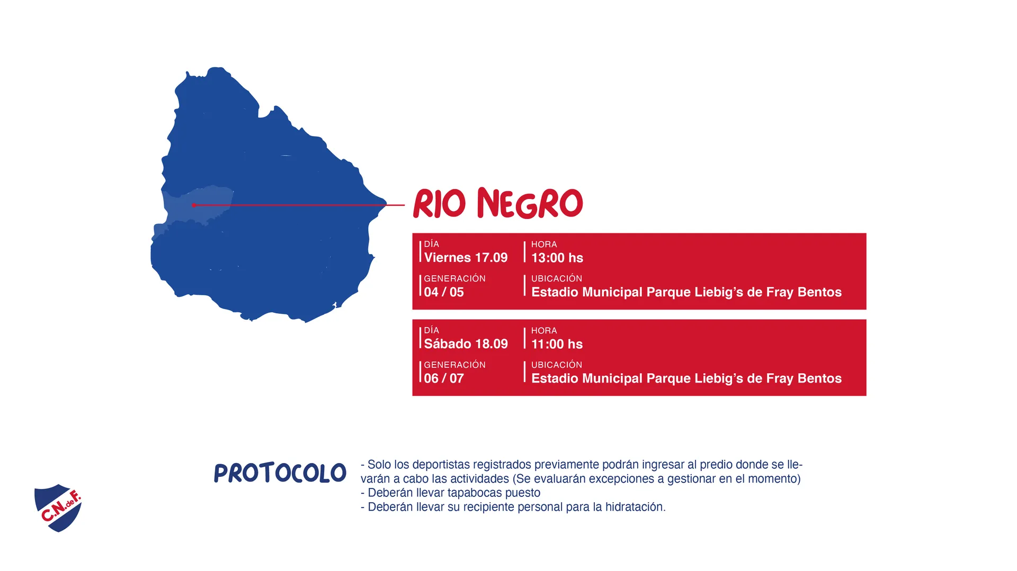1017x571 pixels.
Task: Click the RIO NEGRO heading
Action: (498, 203)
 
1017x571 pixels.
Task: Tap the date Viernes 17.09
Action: (466, 258)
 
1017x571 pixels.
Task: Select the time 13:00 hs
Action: (557, 258)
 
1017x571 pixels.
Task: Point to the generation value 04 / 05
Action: (444, 292)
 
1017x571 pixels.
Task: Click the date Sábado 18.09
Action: (466, 344)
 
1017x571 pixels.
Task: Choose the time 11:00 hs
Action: (557, 344)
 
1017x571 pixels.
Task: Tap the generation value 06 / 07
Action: (444, 378)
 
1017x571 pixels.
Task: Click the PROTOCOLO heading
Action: (280, 473)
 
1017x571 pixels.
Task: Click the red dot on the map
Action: (194, 205)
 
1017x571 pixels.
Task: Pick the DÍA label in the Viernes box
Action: (431, 244)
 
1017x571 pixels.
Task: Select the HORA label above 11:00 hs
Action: (544, 331)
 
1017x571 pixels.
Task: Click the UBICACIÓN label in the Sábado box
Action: (557, 365)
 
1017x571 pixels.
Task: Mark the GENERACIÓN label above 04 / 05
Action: (454, 278)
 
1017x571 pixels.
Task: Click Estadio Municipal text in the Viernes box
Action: (587, 292)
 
